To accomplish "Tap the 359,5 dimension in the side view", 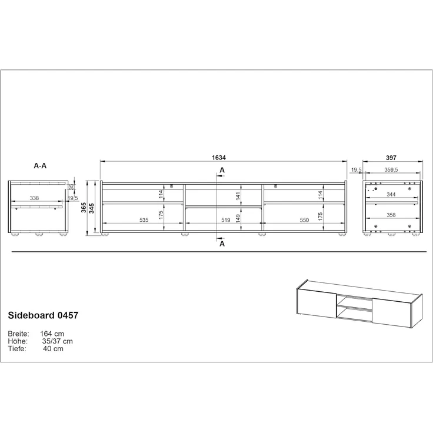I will point(392,170).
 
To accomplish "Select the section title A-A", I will point(41,166).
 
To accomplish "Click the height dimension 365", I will point(84,208).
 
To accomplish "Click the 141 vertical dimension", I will point(238,196).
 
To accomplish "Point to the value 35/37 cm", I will point(58,341).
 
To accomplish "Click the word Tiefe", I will point(16,348).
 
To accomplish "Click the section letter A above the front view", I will point(222,170).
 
